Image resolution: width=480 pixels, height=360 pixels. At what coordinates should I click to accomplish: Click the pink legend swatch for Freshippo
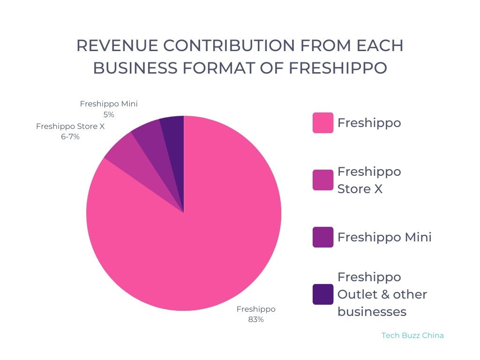point(323,123)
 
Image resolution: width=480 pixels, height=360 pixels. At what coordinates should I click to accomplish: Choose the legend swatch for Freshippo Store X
point(323,180)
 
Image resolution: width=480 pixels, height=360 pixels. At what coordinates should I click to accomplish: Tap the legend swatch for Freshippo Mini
point(323,237)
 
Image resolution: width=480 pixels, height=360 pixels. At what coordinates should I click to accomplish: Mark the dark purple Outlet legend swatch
point(323,294)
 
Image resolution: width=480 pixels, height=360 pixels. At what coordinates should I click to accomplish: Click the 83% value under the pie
point(256,320)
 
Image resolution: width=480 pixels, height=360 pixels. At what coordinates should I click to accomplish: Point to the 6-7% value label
point(70,137)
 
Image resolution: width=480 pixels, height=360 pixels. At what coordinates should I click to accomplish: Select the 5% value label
point(109,114)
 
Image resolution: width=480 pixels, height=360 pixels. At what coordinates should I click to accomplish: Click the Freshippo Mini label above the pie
point(109,104)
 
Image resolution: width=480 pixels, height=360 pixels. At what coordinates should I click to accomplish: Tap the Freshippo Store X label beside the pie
point(70,127)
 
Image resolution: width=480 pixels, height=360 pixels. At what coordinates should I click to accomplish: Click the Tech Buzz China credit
point(412,336)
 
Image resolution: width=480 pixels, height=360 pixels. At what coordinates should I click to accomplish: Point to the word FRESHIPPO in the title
point(338,68)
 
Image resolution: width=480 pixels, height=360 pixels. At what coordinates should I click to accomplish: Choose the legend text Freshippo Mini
point(384,237)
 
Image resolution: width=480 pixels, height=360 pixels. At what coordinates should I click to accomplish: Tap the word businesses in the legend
point(372,312)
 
